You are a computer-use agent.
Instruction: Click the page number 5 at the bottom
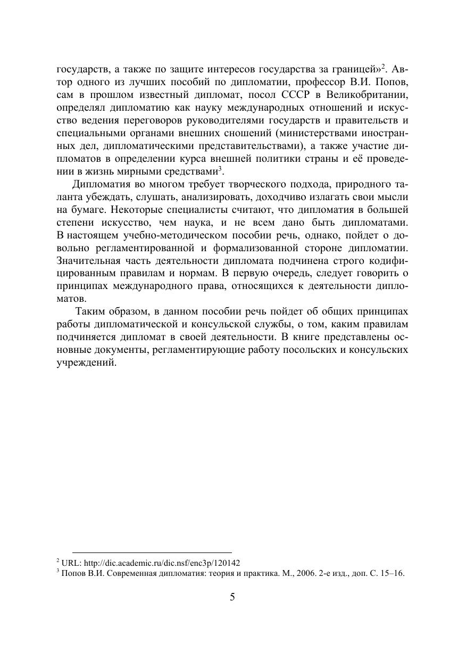coord(232,597)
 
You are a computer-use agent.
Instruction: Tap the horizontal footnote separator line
coord(152,553)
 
